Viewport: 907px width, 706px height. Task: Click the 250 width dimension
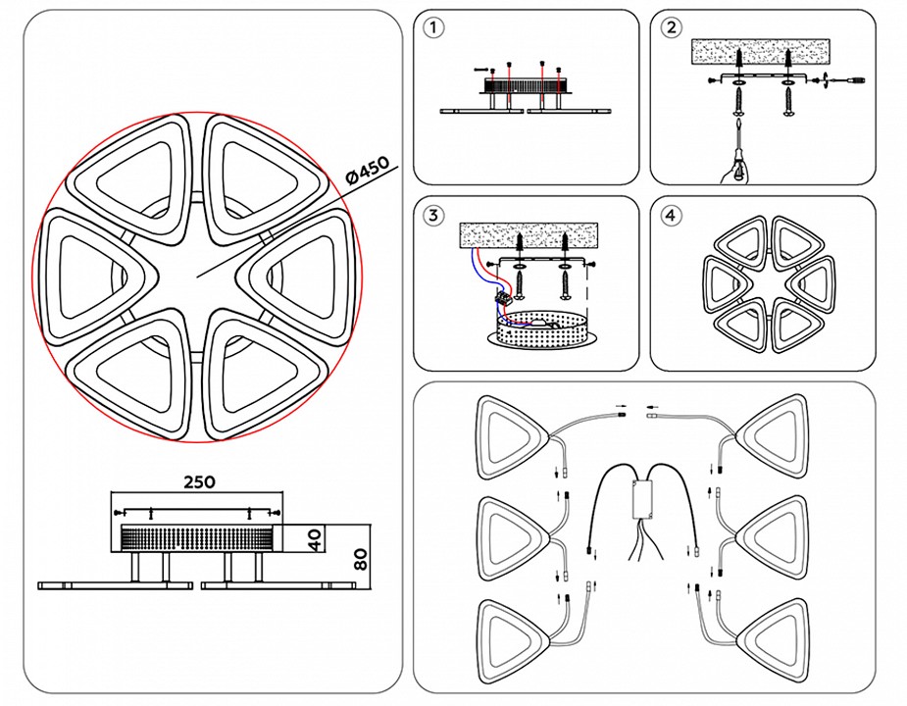tap(199, 481)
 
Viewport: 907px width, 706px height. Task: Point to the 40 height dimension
tap(315, 540)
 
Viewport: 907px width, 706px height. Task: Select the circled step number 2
tap(671, 27)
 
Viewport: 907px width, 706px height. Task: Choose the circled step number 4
tap(671, 216)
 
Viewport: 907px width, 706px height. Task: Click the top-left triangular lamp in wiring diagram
tap(510, 431)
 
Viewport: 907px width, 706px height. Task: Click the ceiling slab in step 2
tap(760, 50)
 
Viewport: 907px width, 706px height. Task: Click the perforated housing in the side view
tap(199, 538)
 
